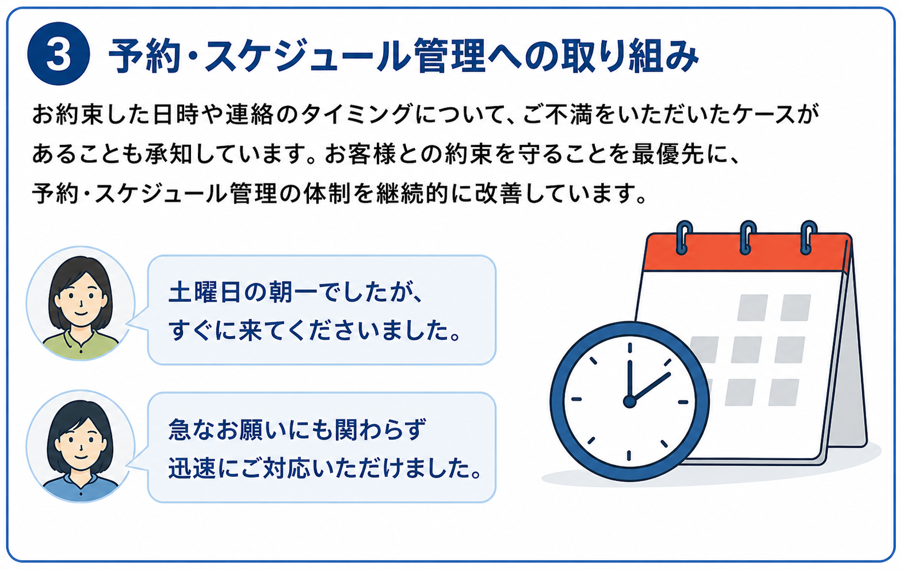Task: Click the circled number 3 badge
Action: pyautogui.click(x=59, y=54)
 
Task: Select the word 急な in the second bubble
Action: pyautogui.click(x=191, y=429)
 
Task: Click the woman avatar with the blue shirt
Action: pyautogui.click(x=81, y=447)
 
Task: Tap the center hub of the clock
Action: pyautogui.click(x=629, y=401)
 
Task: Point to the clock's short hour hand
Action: pyautogui.click(x=650, y=387)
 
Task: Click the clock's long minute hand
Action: pyautogui.click(x=629, y=380)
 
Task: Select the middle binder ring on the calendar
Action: pyautogui.click(x=747, y=237)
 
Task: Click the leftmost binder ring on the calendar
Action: pyautogui.click(x=684, y=237)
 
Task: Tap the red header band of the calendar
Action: pyautogui.click(x=746, y=252)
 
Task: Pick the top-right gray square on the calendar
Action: pyautogui.click(x=796, y=308)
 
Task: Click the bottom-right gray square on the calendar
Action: pyautogui.click(x=784, y=392)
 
